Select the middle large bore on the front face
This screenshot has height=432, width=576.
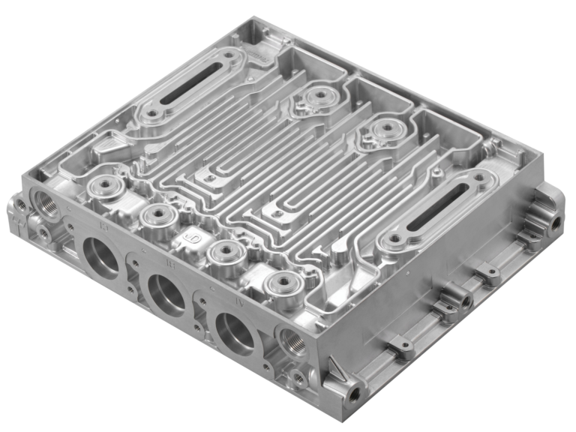(x=167, y=292)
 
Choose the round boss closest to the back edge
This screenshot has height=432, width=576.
(x=320, y=96)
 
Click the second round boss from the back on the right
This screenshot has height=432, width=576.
(x=388, y=130)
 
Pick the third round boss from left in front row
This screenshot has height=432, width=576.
(x=222, y=251)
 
